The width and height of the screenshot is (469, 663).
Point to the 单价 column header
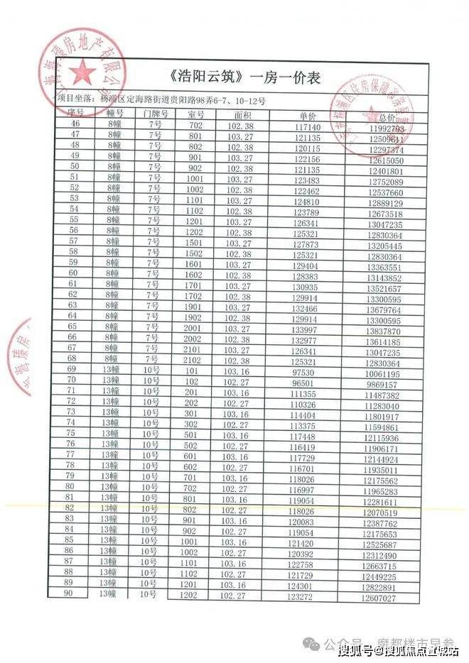[x=308, y=114]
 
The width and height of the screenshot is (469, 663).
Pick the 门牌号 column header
[x=155, y=113]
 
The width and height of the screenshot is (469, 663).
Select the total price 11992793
[x=387, y=129]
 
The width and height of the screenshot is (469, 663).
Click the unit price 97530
[x=303, y=371]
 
